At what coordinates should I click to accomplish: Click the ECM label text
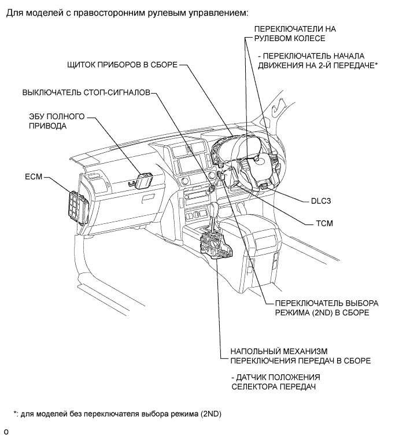point(34,176)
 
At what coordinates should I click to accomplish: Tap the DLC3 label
point(321,201)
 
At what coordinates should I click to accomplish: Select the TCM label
point(324,223)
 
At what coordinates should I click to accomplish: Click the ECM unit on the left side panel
point(78,207)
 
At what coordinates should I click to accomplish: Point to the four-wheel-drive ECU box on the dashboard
point(145,180)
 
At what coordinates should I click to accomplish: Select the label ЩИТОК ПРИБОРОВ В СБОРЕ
point(122,65)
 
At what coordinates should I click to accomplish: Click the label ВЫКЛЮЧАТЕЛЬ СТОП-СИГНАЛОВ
point(86,93)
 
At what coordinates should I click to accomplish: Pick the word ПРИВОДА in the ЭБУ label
point(48,126)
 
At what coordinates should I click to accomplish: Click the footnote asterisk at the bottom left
point(15,413)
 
